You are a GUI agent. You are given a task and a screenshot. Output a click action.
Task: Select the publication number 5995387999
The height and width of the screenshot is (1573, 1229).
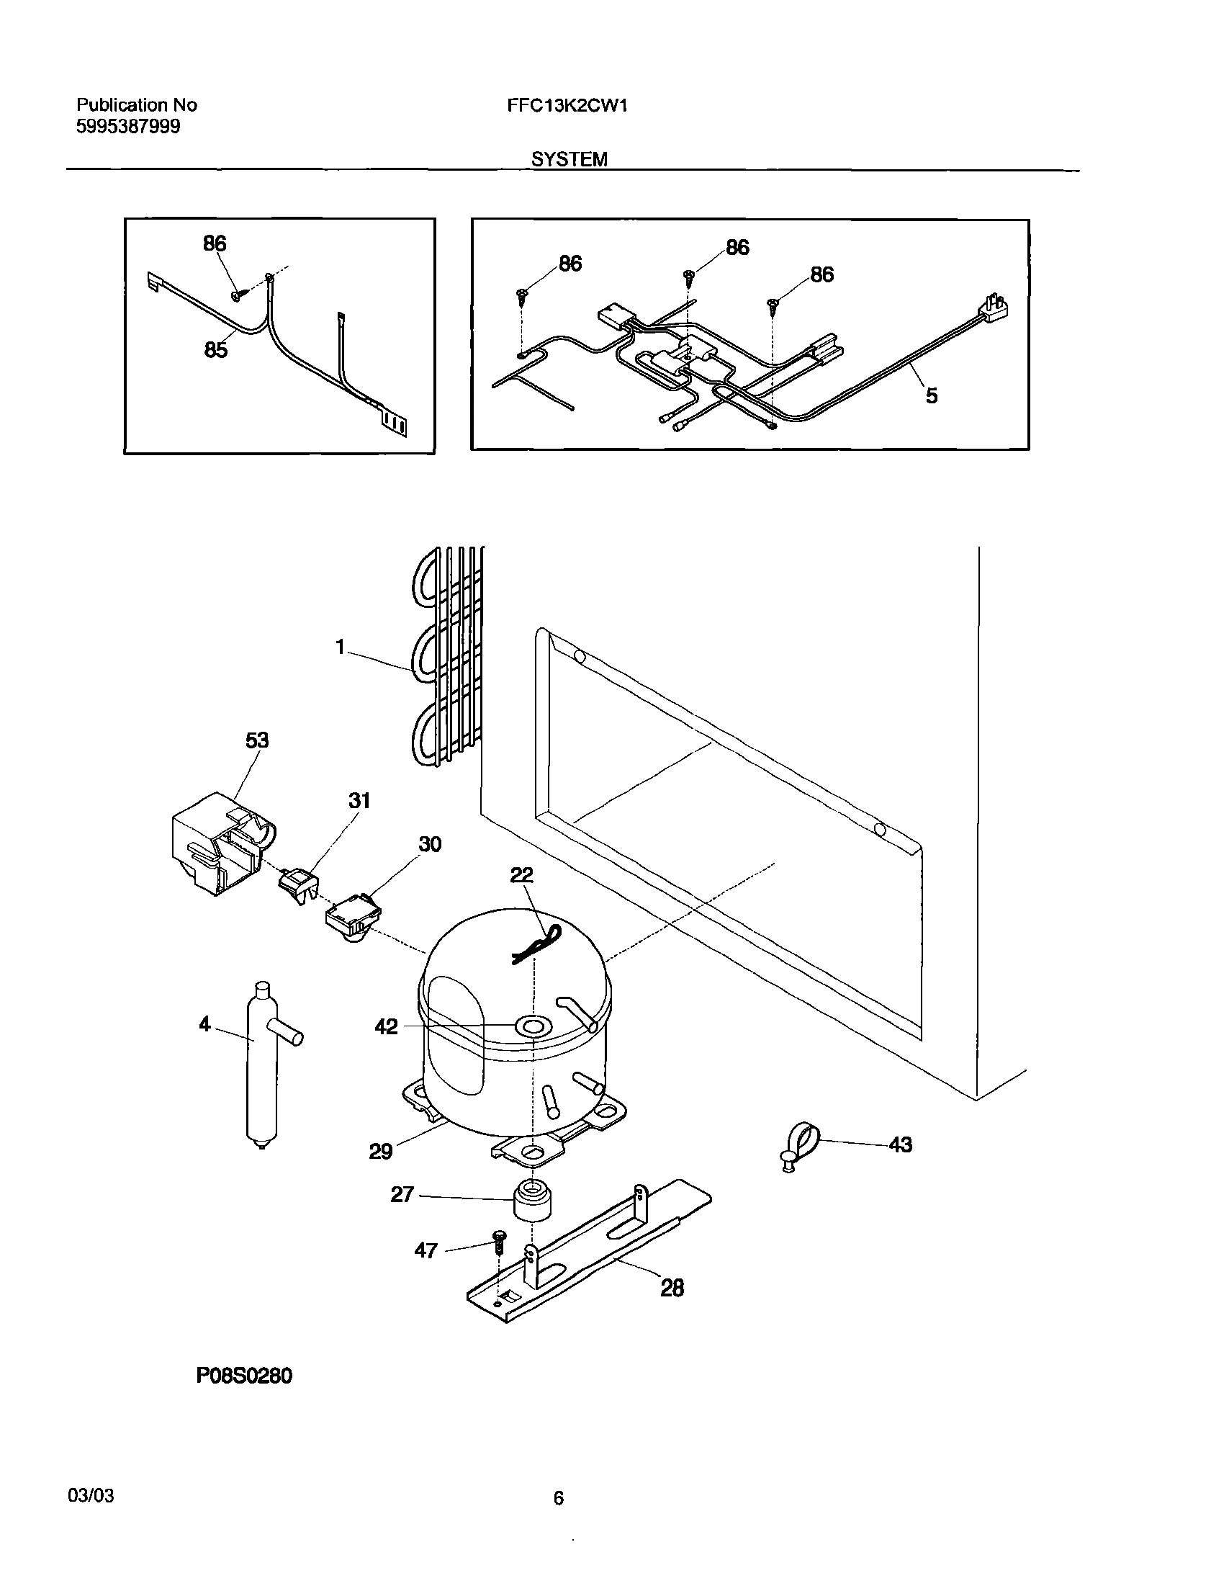pyautogui.click(x=128, y=127)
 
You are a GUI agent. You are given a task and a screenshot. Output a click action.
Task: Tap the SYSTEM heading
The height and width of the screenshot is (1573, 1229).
pyautogui.click(x=569, y=160)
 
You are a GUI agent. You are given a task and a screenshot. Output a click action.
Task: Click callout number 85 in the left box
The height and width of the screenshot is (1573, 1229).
pyautogui.click(x=215, y=350)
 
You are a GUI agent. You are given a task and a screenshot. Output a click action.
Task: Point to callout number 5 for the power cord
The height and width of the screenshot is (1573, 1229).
pyautogui.click(x=931, y=395)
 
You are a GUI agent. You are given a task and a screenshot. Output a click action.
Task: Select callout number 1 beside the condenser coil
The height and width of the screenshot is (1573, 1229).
pyautogui.click(x=341, y=647)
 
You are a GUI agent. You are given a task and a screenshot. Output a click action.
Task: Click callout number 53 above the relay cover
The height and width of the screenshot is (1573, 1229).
pyautogui.click(x=257, y=740)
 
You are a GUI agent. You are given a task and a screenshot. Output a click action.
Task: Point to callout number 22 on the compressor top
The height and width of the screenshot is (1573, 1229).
pyautogui.click(x=522, y=875)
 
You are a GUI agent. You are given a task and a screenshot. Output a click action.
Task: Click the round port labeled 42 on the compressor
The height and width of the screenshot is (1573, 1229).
pyautogui.click(x=533, y=1026)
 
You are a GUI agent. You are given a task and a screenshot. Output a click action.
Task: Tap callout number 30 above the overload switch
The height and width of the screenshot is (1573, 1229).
pyautogui.click(x=430, y=844)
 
